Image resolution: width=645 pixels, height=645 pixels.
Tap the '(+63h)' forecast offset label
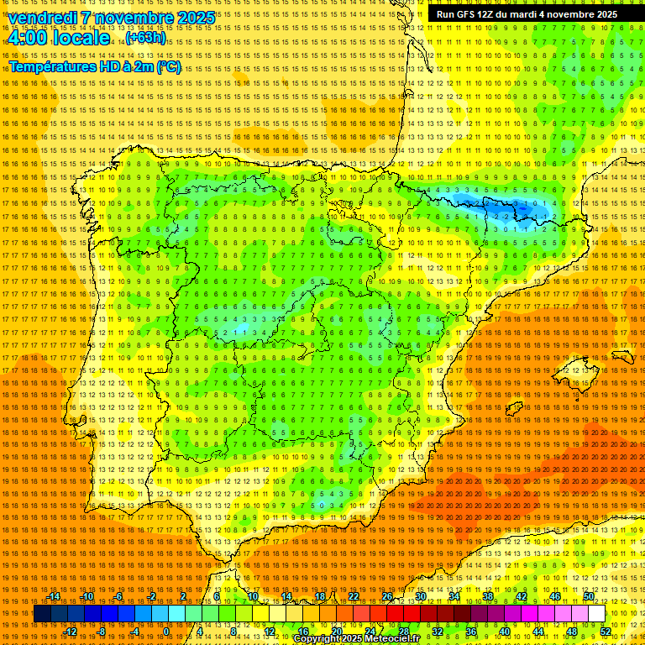coord(145,38)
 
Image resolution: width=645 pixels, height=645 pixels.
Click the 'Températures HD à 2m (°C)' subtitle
coord(95,66)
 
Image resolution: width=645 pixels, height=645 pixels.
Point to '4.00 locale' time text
coord(58,38)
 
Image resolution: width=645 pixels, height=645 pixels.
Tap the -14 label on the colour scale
coord(54,595)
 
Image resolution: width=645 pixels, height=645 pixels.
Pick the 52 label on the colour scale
coord(606,632)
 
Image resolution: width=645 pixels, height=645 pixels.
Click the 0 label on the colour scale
coord(166,632)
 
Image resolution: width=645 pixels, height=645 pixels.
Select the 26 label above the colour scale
coord(387,595)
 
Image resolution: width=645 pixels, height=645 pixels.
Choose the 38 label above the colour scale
coord(488,595)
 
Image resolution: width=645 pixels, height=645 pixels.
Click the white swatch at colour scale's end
coord(596,614)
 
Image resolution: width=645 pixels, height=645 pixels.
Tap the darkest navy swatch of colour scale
coord(42,614)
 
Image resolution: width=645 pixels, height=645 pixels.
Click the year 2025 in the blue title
coord(191,18)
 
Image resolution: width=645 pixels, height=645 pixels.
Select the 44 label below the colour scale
coord(538,632)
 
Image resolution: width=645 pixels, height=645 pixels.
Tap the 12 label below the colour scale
coord(269,632)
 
